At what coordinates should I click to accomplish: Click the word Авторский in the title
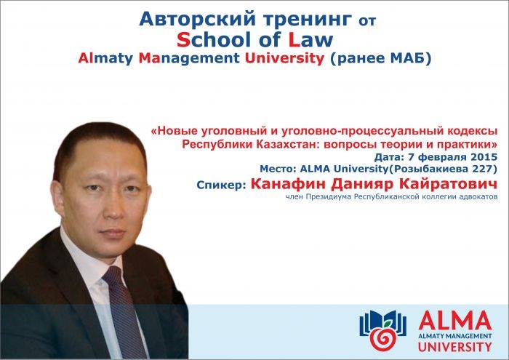point(197,19)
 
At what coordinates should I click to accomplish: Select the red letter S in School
point(183,39)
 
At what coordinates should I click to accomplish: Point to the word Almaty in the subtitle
point(105,59)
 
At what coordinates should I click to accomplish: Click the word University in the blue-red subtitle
point(284,59)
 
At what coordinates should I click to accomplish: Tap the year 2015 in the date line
point(484,157)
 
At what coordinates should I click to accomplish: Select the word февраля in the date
point(443,157)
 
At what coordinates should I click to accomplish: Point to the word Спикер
point(221,185)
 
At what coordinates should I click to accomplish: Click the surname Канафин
point(288,184)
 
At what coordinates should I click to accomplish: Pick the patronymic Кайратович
point(448,184)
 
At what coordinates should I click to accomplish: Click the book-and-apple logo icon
point(382,329)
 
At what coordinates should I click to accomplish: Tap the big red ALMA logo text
point(455,321)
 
